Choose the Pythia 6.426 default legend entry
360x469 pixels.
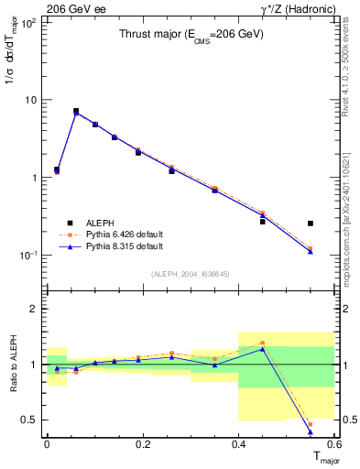click(x=101, y=234)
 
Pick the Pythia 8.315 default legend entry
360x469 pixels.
click(x=101, y=246)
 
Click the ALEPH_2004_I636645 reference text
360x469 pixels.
click(x=191, y=274)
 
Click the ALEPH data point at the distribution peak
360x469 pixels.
click(x=76, y=111)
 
